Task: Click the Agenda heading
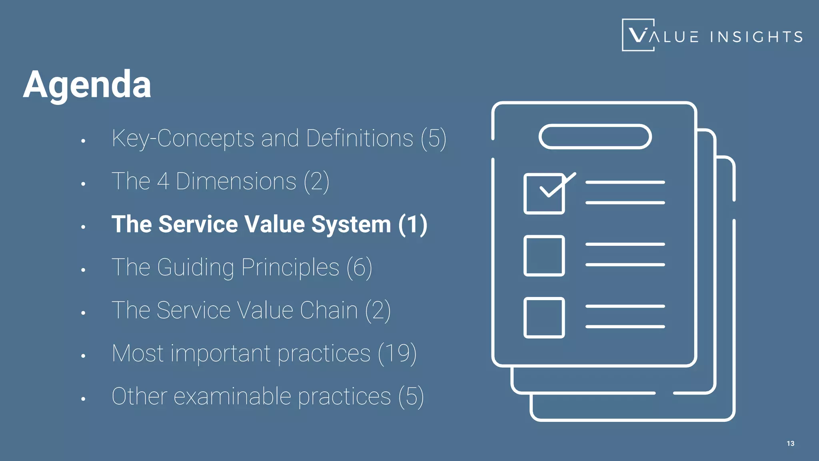pyautogui.click(x=87, y=84)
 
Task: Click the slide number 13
pyautogui.click(x=790, y=443)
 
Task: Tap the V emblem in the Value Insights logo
pyautogui.click(x=638, y=35)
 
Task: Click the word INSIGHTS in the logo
pyautogui.click(x=756, y=37)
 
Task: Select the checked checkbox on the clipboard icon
pyautogui.click(x=544, y=194)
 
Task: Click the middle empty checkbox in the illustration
pyautogui.click(x=544, y=256)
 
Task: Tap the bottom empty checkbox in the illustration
pyautogui.click(x=544, y=318)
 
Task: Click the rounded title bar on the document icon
pyautogui.click(x=595, y=137)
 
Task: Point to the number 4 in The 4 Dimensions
pyautogui.click(x=163, y=181)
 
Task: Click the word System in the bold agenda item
pyautogui.click(x=351, y=224)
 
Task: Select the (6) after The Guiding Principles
pyautogui.click(x=359, y=267)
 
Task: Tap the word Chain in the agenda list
pyautogui.click(x=329, y=310)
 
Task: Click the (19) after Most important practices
pyautogui.click(x=397, y=353)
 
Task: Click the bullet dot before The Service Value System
pyautogui.click(x=83, y=227)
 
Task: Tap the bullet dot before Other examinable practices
pyautogui.click(x=83, y=399)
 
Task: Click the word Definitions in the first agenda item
pyautogui.click(x=360, y=138)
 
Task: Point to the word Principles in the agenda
pyautogui.click(x=290, y=267)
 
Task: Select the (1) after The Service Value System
pyautogui.click(x=413, y=224)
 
